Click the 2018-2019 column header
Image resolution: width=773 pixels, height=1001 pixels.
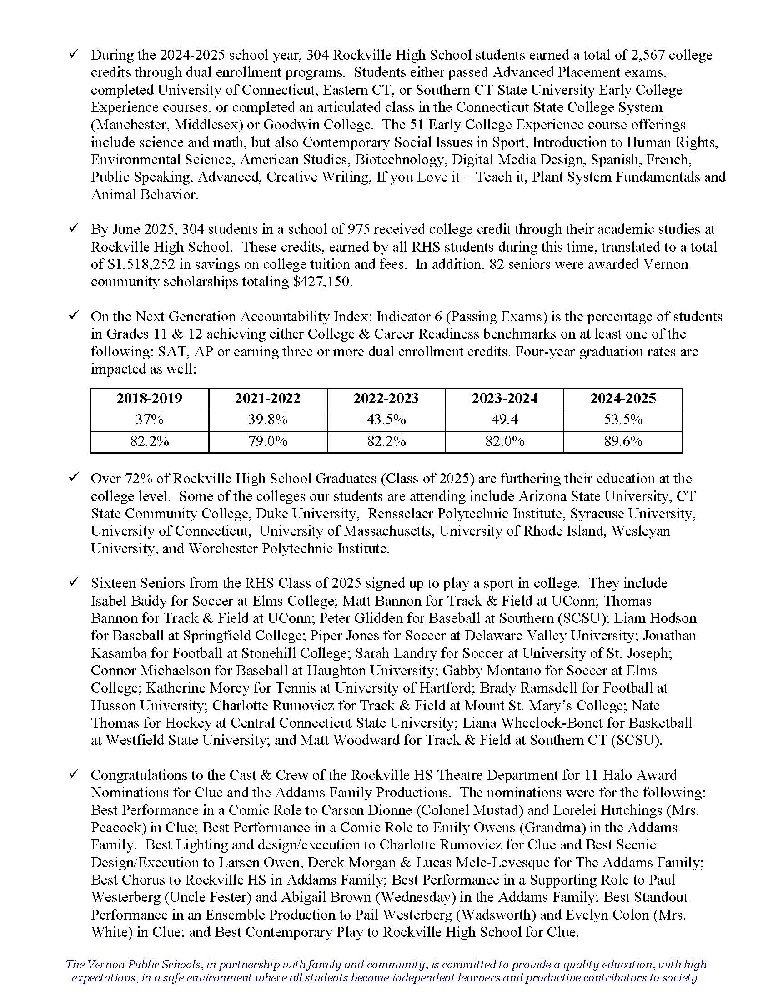tap(149, 398)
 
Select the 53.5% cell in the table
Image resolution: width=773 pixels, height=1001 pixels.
tap(623, 420)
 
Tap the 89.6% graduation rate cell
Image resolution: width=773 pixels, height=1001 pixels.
tap(623, 441)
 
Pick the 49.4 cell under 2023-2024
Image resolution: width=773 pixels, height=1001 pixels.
tap(504, 420)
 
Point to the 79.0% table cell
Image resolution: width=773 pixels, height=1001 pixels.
tap(268, 441)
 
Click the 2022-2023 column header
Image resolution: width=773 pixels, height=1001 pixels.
tap(386, 398)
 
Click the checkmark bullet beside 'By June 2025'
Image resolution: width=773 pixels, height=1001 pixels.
tap(73, 228)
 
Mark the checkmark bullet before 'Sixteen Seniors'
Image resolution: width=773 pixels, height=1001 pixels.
tap(73, 582)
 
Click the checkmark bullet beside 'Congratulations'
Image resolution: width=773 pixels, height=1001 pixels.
tap(73, 774)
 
